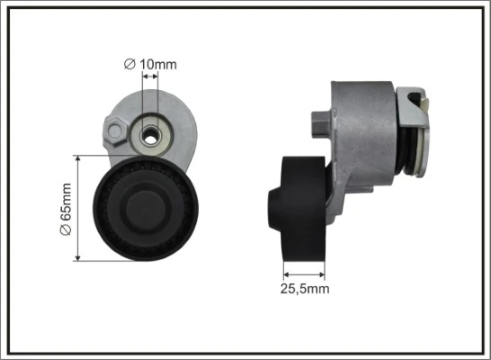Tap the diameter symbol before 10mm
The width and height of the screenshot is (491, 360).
pyautogui.click(x=129, y=64)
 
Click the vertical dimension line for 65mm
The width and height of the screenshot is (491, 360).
pyautogui.click(x=80, y=209)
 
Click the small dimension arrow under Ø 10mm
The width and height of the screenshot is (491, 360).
pyautogui.click(x=149, y=77)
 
